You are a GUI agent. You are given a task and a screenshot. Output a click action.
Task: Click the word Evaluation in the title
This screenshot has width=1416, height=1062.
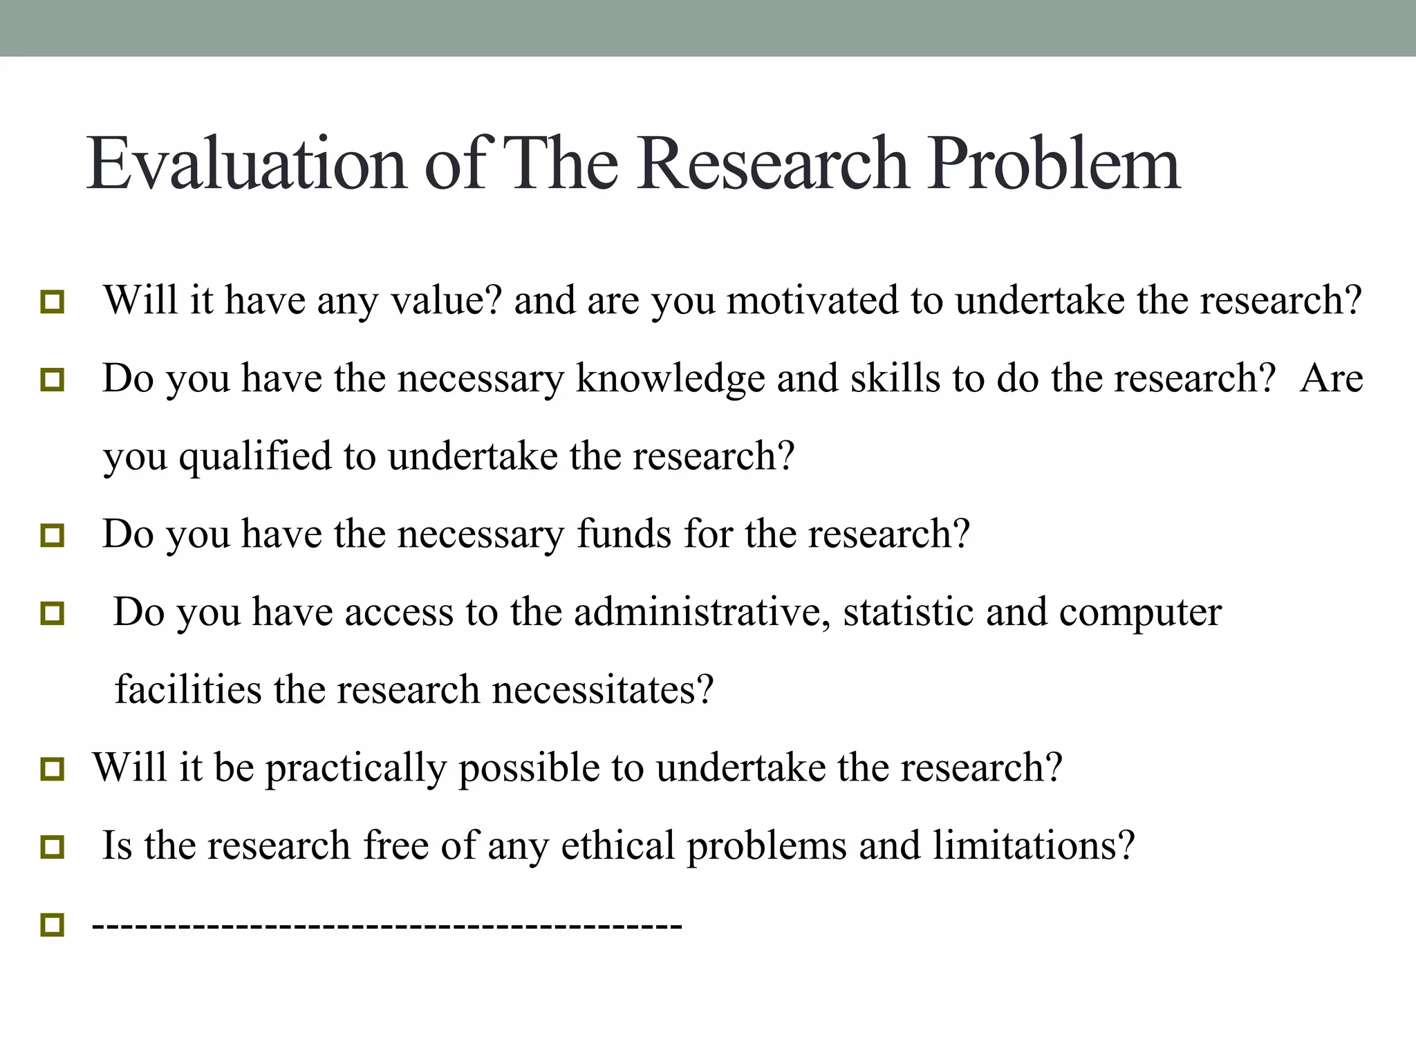click(x=247, y=164)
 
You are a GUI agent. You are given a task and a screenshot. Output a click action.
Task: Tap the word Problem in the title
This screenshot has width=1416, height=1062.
click(x=1053, y=164)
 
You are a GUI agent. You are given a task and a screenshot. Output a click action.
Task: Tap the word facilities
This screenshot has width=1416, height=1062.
click(x=188, y=690)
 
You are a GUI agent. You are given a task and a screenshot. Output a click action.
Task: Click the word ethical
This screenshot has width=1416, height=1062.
click(x=617, y=846)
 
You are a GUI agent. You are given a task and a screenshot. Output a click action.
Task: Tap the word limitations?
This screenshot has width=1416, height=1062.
click(x=1034, y=846)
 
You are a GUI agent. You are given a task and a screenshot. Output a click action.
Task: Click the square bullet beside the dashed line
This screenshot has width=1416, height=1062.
click(x=52, y=924)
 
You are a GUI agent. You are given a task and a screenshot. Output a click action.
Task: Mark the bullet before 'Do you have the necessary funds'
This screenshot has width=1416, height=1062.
click(x=52, y=536)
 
